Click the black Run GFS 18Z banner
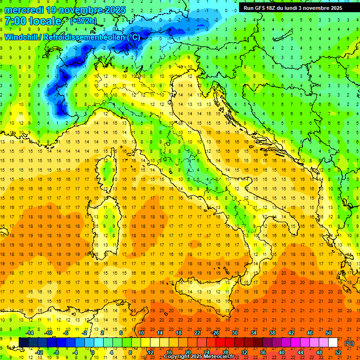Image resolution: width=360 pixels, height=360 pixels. [x=293, y=8]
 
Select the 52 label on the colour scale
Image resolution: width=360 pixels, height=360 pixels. [x=338, y=352]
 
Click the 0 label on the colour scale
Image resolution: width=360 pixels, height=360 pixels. [x=93, y=352]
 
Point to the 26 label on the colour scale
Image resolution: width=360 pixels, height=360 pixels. [x=216, y=333]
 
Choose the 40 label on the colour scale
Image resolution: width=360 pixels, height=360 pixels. [x=282, y=352]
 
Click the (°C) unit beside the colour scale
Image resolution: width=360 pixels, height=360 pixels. [x=349, y=343]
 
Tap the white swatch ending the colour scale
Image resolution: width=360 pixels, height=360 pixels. [x=333, y=343]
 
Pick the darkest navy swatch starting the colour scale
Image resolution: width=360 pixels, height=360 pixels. [x=23, y=343]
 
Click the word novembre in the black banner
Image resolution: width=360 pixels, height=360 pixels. [x=316, y=8]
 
